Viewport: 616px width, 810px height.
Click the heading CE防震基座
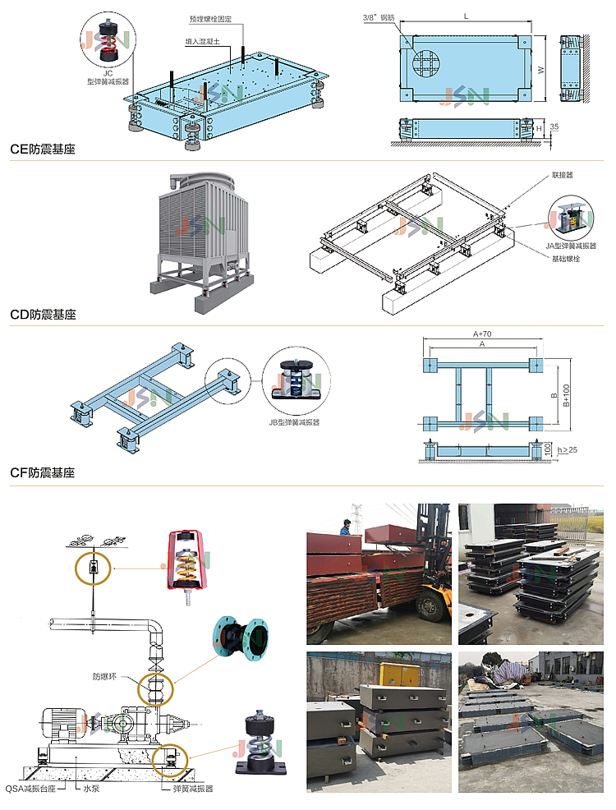(x=42, y=150)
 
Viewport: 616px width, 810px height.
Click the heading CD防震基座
(x=43, y=314)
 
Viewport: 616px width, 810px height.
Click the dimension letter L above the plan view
(x=466, y=16)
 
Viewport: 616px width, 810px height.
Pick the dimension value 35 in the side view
(x=555, y=127)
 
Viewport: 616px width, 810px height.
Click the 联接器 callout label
(x=562, y=175)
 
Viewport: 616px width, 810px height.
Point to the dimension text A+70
(x=481, y=334)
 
